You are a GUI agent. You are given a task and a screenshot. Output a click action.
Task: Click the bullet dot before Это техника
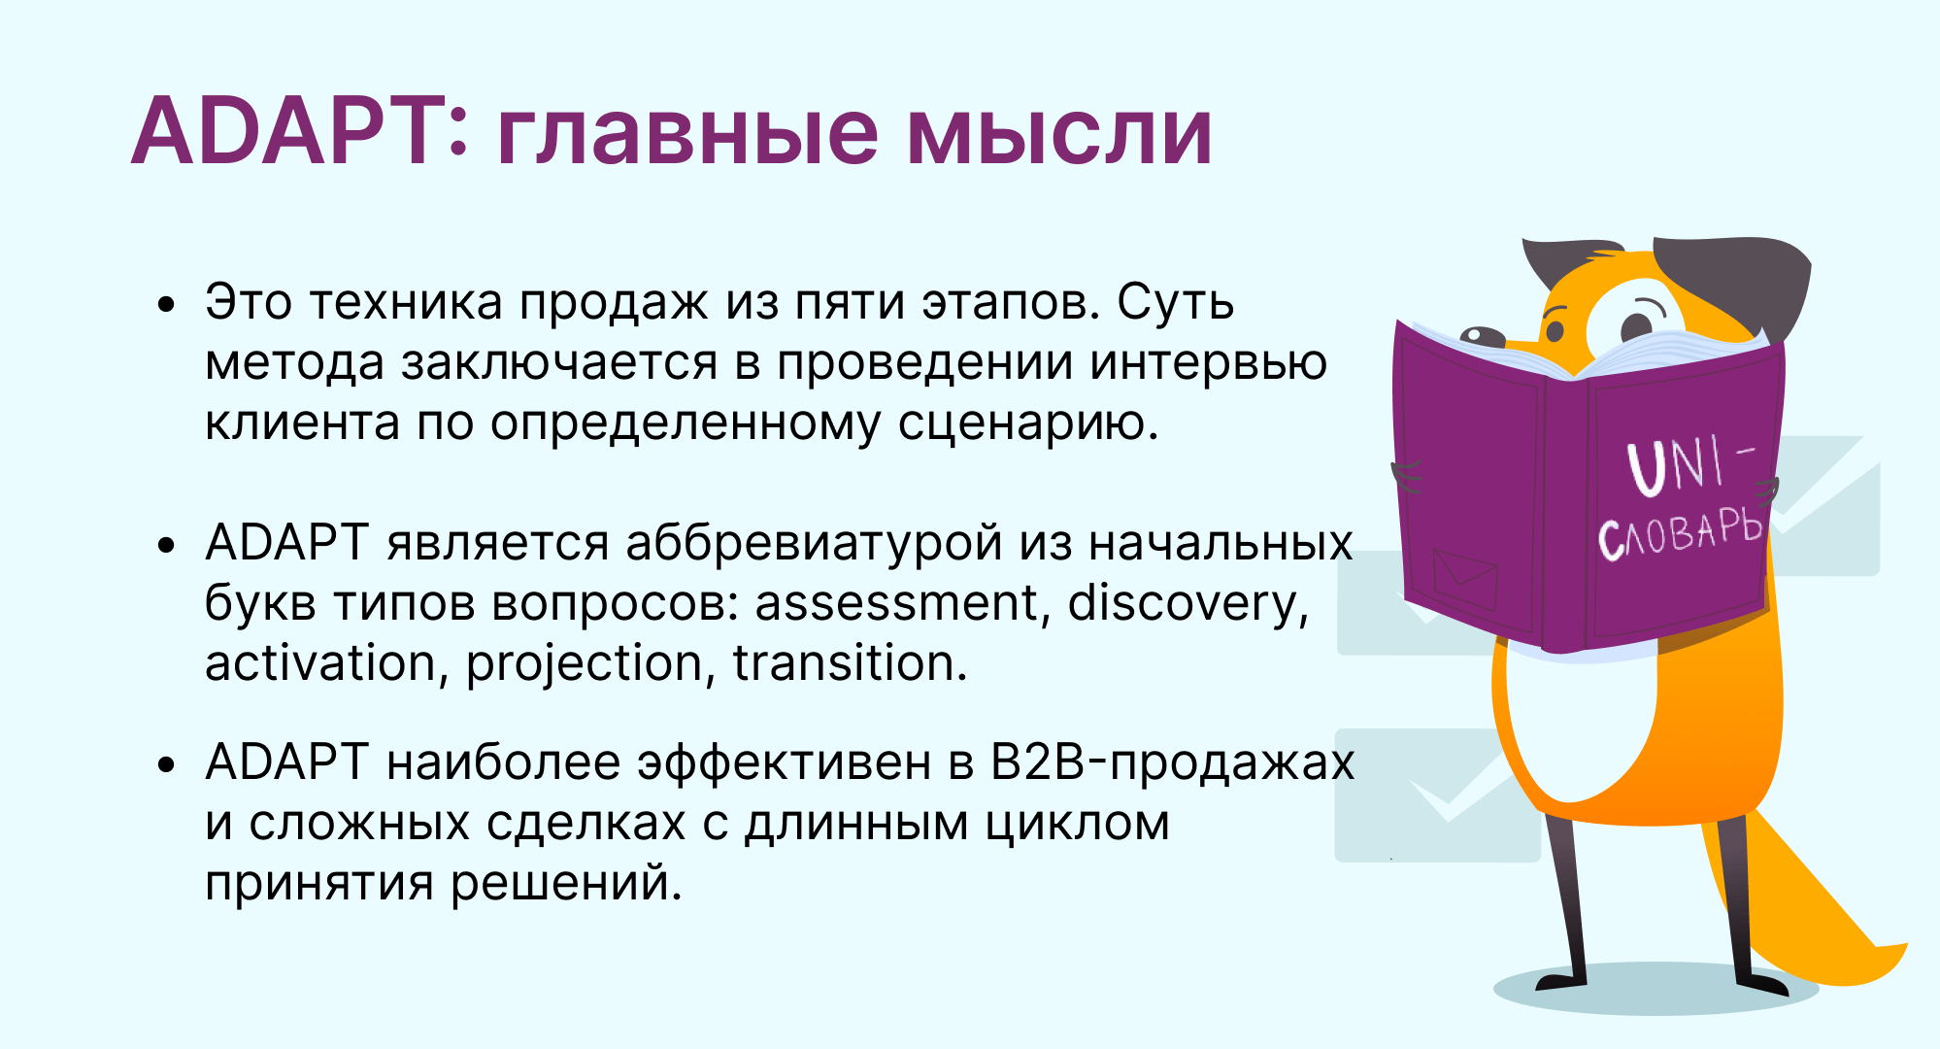pyautogui.click(x=167, y=304)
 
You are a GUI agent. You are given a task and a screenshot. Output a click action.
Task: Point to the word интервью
pyautogui.click(x=1208, y=362)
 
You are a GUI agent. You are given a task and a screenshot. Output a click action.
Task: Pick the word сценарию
pyautogui.click(x=1028, y=424)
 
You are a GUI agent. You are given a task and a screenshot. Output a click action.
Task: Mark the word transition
pyautogui.click(x=851, y=663)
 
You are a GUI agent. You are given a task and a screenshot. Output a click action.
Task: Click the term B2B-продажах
pyautogui.click(x=1172, y=762)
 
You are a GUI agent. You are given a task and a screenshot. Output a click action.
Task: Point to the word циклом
pyautogui.click(x=1077, y=825)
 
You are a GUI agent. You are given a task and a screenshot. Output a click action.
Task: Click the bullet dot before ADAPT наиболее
pyautogui.click(x=167, y=764)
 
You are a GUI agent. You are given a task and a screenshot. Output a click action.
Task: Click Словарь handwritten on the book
pyautogui.click(x=1679, y=534)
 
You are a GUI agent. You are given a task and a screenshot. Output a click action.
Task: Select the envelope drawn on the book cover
pyautogui.click(x=1465, y=579)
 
